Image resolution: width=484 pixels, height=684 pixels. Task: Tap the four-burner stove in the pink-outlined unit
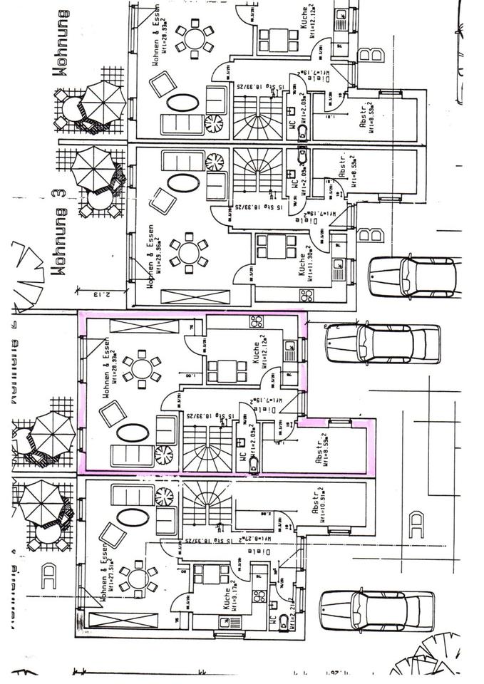click(x=256, y=321)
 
